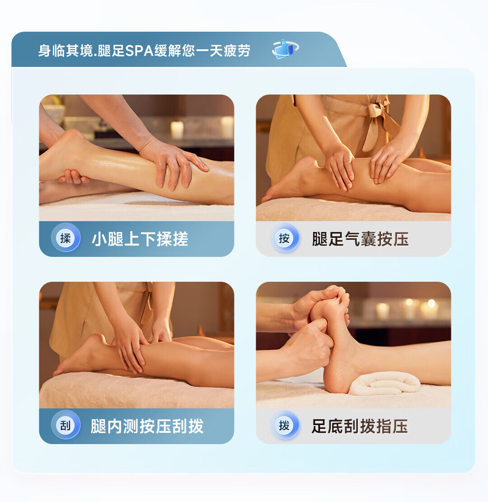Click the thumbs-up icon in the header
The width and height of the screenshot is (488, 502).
tap(286, 49)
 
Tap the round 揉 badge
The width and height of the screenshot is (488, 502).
tap(66, 238)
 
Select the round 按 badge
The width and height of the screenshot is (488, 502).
tap(284, 238)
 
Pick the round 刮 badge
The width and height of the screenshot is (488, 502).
tap(66, 426)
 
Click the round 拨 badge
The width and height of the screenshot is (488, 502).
tap(284, 426)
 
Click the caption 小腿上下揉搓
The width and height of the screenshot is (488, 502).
tap(140, 239)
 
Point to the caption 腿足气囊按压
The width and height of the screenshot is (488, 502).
tap(361, 239)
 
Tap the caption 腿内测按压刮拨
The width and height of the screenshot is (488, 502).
tap(147, 426)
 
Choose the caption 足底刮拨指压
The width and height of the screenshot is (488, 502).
tap(360, 426)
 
